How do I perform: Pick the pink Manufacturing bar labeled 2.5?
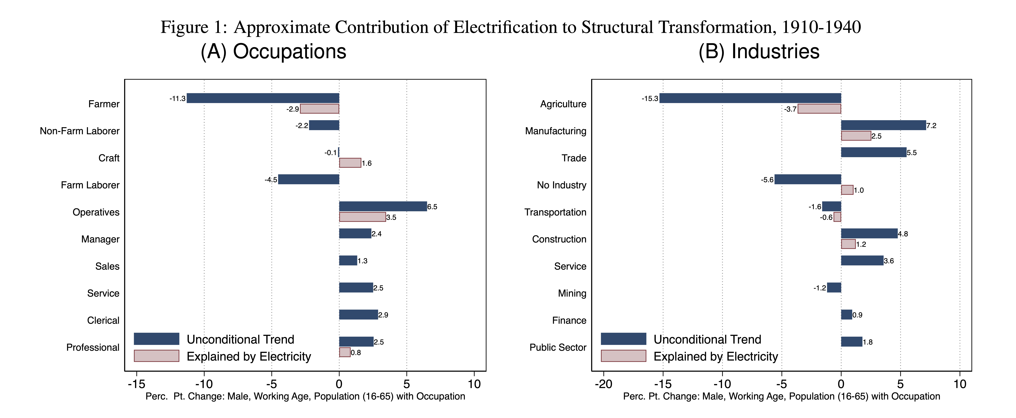tap(856, 136)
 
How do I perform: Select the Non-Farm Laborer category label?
tap(80, 131)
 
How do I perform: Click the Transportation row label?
tap(555, 212)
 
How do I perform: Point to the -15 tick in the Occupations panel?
tap(136, 384)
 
